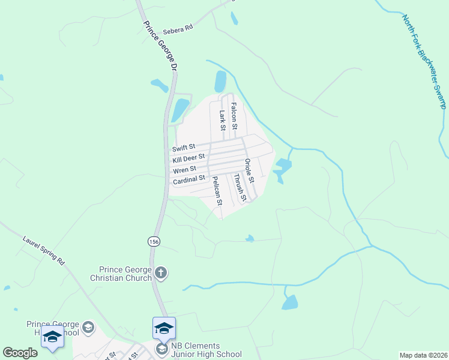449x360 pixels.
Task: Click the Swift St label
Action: click(x=184, y=148)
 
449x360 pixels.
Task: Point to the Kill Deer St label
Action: click(x=189, y=158)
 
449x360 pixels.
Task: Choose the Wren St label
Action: click(x=184, y=169)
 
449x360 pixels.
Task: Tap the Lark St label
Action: click(x=222, y=119)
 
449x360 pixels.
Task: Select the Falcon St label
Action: click(x=234, y=116)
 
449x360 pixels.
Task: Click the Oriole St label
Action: click(x=250, y=170)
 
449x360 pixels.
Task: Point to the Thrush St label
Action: click(x=240, y=187)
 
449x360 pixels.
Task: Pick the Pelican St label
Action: click(x=217, y=191)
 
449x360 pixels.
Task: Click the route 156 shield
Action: click(x=154, y=241)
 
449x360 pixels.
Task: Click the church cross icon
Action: click(x=160, y=274)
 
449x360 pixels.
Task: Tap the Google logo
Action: click(x=20, y=353)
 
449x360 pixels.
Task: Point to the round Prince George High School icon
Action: click(x=88, y=327)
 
